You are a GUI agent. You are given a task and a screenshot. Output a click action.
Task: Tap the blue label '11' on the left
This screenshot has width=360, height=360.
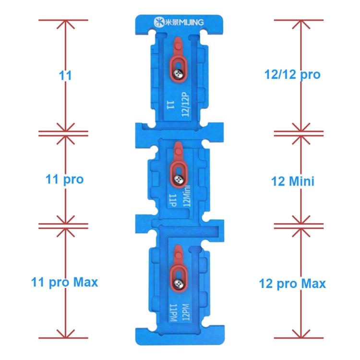click(x=65, y=75)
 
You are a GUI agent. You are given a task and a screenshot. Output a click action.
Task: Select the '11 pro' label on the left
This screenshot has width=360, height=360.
click(x=64, y=180)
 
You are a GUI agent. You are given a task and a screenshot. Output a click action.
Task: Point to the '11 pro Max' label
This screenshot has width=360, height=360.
click(x=64, y=282)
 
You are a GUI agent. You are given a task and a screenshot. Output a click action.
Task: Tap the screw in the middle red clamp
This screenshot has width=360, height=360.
click(x=178, y=179)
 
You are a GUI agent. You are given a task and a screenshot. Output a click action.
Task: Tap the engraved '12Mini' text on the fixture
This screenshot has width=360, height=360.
click(x=187, y=196)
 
